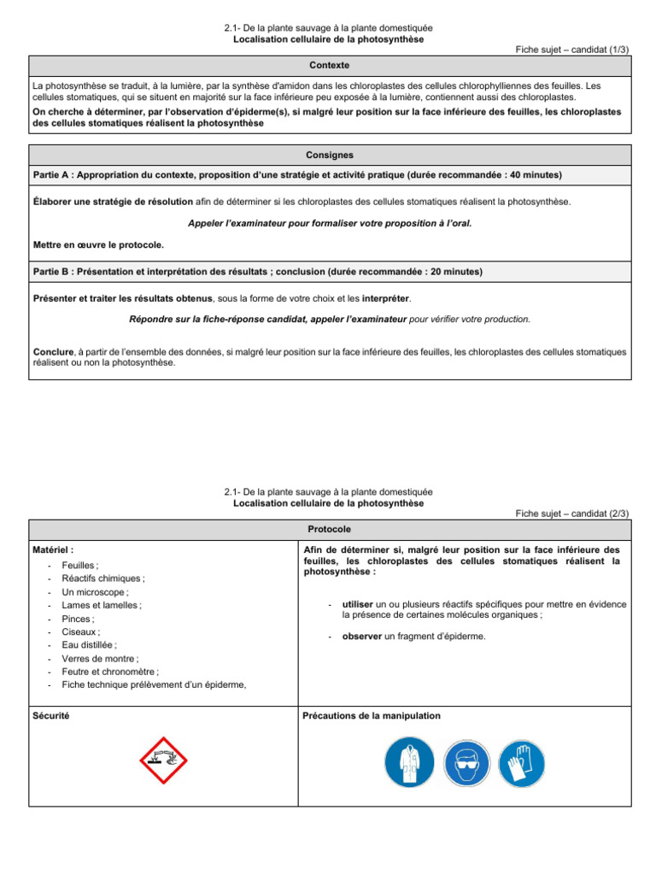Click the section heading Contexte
point(329,66)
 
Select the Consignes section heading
point(329,155)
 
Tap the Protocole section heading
point(329,529)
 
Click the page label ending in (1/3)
point(572,50)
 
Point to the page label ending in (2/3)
point(572,514)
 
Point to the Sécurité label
point(51,715)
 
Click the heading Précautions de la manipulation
point(372,715)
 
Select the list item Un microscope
point(96,592)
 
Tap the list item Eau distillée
point(90,645)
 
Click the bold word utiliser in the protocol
point(357,604)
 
